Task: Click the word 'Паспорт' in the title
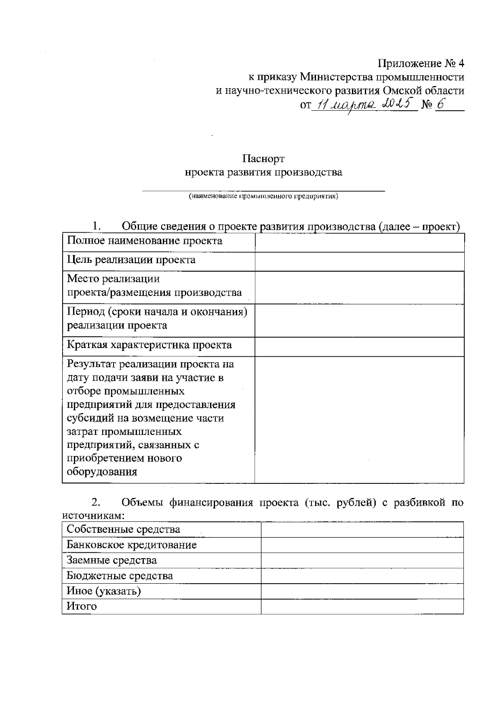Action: [263, 159]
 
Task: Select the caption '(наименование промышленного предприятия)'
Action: [263, 196]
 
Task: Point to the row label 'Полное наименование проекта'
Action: [144, 241]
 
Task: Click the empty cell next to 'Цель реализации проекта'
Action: [359, 262]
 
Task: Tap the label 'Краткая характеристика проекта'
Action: [149, 345]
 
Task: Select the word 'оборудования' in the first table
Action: [102, 472]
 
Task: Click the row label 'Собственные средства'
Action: [123, 530]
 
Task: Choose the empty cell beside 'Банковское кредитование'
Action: [362, 545]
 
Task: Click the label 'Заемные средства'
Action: [111, 560]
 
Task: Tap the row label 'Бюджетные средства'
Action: [119, 576]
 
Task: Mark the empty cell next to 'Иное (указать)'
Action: [362, 591]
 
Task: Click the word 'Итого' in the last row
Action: [81, 606]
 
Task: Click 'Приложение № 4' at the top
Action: [420, 64]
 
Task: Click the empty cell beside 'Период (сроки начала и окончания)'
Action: [359, 320]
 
